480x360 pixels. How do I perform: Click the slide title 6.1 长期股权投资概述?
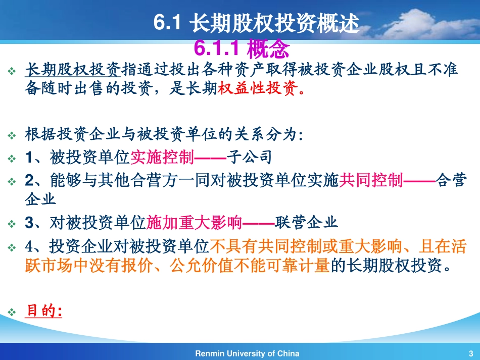coord(256,23)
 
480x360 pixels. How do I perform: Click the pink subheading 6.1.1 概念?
coord(242,49)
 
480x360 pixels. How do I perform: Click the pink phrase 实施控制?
coord(162,157)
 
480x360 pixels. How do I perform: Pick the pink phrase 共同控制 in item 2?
coord(370,180)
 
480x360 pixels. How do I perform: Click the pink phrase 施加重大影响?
coord(194,222)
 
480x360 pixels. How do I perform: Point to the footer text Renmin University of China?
coord(247,353)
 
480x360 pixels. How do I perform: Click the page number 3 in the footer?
coord(470,353)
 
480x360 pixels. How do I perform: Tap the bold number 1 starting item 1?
coord(29,158)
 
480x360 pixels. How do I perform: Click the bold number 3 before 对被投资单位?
coord(29,223)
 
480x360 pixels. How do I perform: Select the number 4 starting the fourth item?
coord(29,246)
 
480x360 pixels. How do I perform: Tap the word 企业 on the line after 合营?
coord(40,199)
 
